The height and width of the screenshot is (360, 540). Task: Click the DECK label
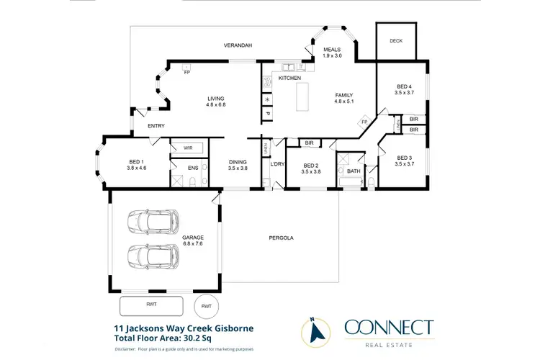[x=396, y=41]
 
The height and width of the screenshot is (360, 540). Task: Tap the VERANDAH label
[x=238, y=45]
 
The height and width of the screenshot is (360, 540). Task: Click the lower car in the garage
[x=153, y=256]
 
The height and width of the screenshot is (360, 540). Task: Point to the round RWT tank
[x=207, y=306]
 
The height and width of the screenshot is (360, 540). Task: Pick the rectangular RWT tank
[x=152, y=304]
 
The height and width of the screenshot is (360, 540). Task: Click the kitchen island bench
[x=301, y=96]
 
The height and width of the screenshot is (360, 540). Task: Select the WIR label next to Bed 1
[x=188, y=148]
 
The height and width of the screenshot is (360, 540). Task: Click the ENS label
[x=193, y=168]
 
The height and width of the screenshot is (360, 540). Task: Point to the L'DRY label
[x=276, y=165]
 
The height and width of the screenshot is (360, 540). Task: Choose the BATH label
[x=353, y=171]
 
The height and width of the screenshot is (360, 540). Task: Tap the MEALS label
[x=331, y=49]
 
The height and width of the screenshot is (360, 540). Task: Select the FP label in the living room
[x=186, y=73]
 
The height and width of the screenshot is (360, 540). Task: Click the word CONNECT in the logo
[x=389, y=328]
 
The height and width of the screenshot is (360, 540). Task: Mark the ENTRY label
[x=156, y=126]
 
